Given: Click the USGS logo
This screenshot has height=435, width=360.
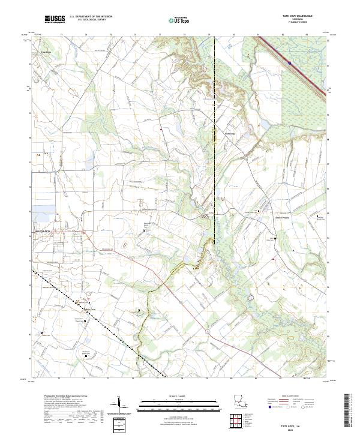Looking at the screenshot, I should pos(54,19).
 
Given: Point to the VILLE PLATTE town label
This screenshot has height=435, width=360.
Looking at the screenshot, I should pos(40,230).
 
